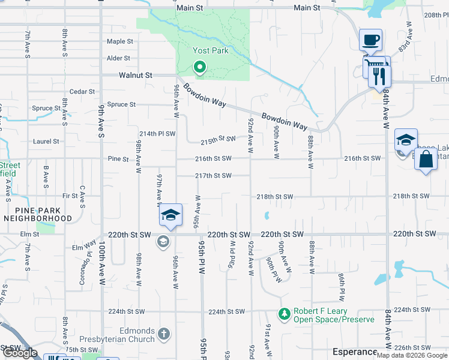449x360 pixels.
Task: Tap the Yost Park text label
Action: coord(210,51)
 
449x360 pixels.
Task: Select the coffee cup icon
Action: coord(370,41)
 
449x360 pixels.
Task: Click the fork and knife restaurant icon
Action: coord(379,75)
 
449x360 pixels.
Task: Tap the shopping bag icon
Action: coord(426,160)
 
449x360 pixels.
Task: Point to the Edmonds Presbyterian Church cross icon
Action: coord(164,333)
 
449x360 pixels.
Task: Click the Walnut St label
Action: coord(135,76)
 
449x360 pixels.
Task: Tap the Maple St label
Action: coord(119,41)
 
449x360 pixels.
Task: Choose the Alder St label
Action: coord(118,58)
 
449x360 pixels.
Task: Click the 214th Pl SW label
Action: coord(157,134)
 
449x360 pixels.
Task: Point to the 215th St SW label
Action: coord(217,139)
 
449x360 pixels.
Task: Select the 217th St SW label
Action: coord(213,176)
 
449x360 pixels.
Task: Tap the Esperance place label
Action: coord(355,352)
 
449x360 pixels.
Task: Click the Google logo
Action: coord(20,353)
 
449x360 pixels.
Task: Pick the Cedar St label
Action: coord(82,92)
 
